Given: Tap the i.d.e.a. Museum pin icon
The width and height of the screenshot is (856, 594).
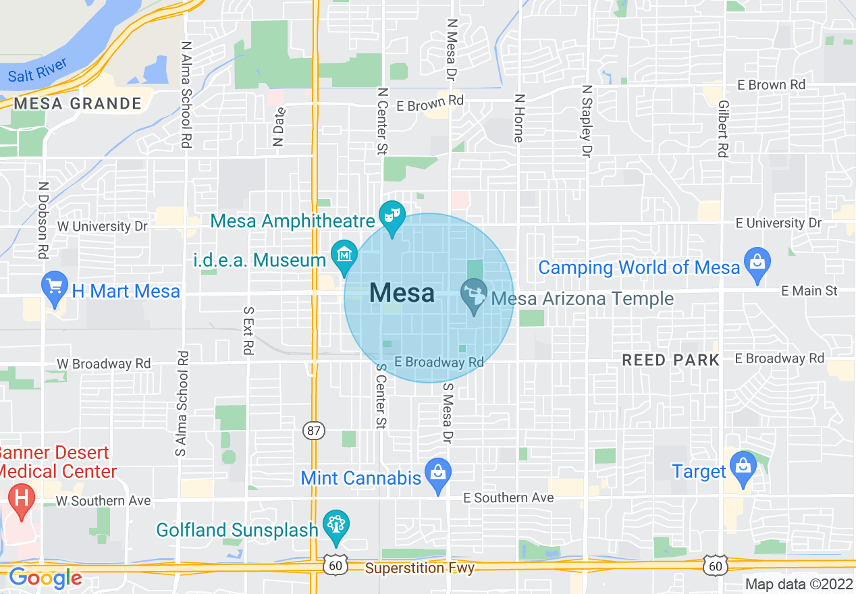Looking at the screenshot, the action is (345, 257).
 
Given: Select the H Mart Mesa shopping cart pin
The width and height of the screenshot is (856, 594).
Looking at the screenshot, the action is (55, 288).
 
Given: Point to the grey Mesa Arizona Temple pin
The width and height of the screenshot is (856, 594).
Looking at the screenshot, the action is (474, 295).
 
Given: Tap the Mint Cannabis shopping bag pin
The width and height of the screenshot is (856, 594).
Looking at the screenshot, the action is (439, 475).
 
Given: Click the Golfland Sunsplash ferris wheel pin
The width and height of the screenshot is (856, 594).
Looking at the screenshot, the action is (336, 526).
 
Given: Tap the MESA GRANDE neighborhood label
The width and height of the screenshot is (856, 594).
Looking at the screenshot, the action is (78, 104).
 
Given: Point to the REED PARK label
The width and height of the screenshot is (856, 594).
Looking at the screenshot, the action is (670, 360).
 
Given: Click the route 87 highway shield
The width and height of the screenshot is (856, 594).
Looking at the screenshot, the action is (314, 431).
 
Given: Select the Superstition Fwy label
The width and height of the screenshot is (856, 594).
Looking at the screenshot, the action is (420, 568).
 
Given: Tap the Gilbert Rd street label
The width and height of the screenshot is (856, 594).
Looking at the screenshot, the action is (723, 129).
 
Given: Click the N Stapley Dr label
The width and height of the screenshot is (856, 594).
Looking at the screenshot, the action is (587, 122).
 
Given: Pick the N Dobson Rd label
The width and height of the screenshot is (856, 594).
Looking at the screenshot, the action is (43, 220).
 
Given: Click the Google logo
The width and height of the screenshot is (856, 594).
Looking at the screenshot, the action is (45, 578).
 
